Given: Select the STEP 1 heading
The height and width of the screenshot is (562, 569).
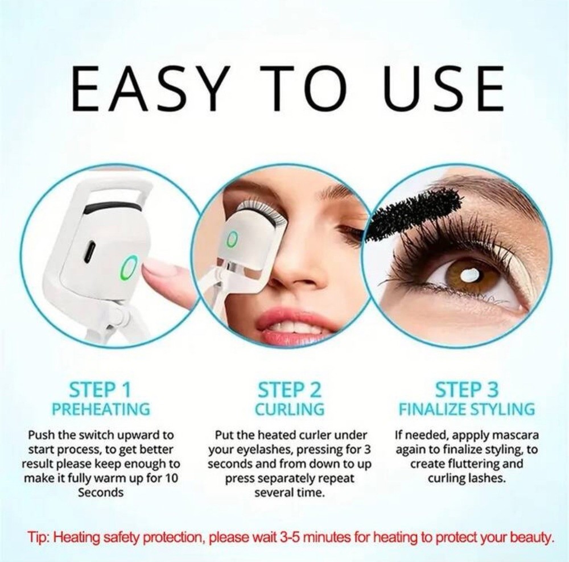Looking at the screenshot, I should tap(100, 390).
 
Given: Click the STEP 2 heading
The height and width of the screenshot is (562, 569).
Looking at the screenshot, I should tap(289, 390).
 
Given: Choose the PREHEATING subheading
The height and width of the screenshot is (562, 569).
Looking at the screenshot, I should tap(100, 409).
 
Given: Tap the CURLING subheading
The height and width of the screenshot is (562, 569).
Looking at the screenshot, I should tap(289, 409).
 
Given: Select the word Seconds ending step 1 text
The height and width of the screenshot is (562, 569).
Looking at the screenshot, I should tap(101, 492).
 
